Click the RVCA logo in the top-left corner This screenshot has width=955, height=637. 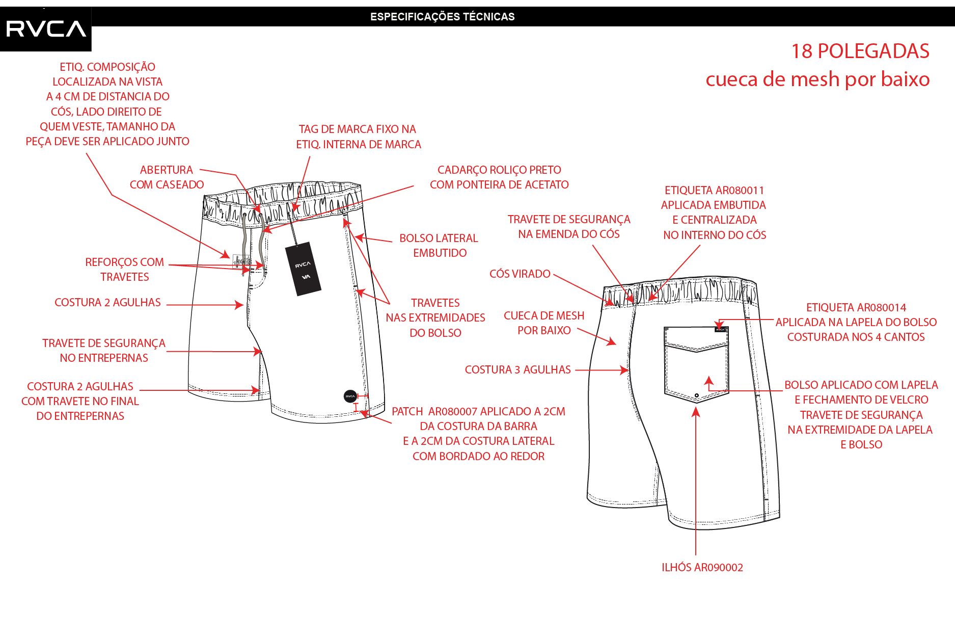(x=46, y=29)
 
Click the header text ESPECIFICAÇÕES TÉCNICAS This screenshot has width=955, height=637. (x=442, y=17)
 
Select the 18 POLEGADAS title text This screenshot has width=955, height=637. (x=860, y=51)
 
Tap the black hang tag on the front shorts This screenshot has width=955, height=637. (x=303, y=269)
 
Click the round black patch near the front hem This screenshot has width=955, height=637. (x=350, y=396)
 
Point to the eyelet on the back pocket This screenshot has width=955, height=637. (x=696, y=395)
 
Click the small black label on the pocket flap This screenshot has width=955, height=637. (x=720, y=329)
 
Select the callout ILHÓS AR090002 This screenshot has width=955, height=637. (x=702, y=567)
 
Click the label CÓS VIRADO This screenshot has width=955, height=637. (x=520, y=274)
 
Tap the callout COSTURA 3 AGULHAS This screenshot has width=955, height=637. (x=517, y=369)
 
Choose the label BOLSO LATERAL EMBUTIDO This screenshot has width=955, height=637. (x=439, y=246)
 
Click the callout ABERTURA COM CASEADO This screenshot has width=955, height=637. (x=167, y=177)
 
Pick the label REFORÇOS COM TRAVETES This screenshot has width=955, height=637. (x=124, y=269)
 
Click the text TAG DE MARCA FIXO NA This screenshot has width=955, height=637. (x=357, y=129)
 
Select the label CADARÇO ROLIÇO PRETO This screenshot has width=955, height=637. (x=499, y=170)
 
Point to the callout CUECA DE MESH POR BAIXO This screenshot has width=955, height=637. (x=544, y=323)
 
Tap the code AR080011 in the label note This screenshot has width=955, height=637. (x=739, y=190)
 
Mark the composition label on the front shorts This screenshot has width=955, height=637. (x=238, y=260)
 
